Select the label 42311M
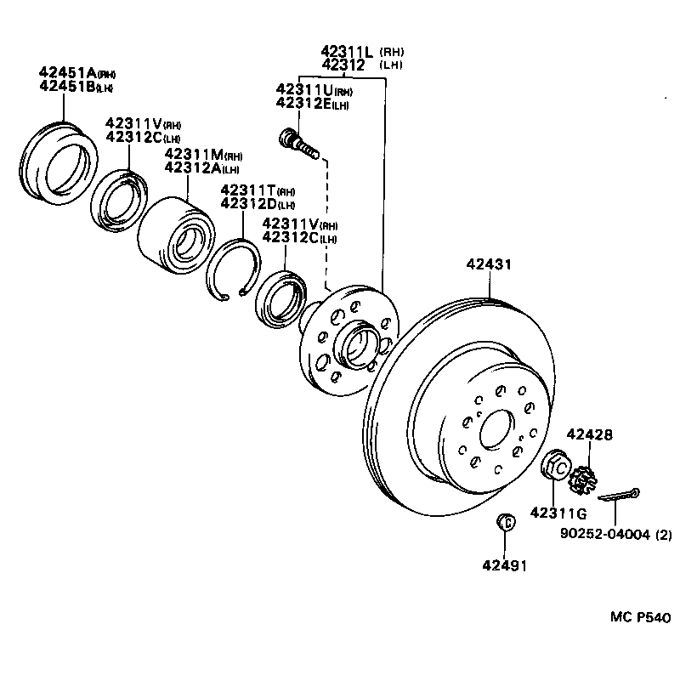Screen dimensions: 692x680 pos(193,154)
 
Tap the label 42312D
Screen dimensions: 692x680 pos(246,203)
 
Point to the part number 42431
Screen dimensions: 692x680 pos(489,265)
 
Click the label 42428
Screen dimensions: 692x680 pos(589,434)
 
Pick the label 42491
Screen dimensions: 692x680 pos(505,564)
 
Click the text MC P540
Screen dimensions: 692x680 pos(641,617)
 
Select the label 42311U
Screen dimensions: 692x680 pos(303,89)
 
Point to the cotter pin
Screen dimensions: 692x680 pos(619,496)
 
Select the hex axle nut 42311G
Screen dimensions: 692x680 pos(556,467)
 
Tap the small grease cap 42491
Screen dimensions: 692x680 pos(504,523)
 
